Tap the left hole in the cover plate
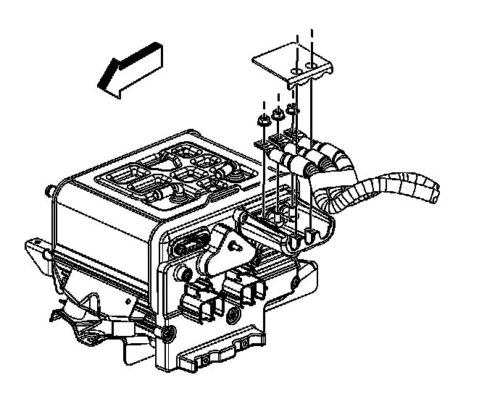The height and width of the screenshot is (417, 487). pos(296,70)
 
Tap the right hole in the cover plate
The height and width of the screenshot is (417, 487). pos(312,67)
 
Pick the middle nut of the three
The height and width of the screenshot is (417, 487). pos(277,116)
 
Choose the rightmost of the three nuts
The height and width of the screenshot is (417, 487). pos(291,109)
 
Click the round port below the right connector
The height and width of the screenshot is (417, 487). pos(233,316)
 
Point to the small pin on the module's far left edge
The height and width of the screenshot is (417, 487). pos(48,192)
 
